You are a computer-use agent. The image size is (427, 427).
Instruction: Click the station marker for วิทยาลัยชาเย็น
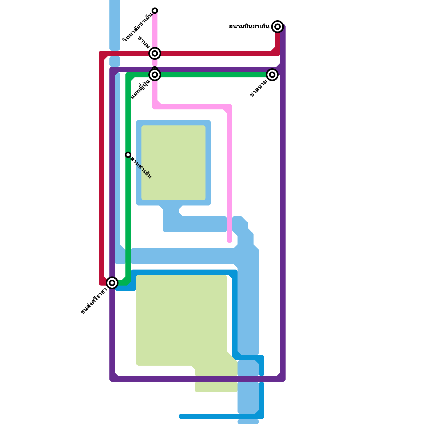pos(155,11)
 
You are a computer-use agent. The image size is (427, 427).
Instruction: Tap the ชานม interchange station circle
pos(155,53)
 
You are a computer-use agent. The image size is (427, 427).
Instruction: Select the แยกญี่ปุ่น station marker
pos(155,75)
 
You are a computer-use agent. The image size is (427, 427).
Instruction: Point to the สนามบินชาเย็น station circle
pos(278,27)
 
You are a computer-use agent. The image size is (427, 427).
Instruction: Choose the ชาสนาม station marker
pos(272,75)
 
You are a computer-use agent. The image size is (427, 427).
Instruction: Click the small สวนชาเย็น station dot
pos(128,155)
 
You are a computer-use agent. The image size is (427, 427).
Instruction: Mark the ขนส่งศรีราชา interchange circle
pos(112,283)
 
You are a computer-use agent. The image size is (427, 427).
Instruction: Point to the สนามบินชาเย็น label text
pos(249,27)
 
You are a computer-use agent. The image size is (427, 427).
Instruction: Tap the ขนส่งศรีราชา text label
pos(94,301)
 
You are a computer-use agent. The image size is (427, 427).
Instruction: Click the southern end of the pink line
pos(230,241)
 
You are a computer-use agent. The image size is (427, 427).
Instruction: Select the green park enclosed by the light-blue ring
pos(173,163)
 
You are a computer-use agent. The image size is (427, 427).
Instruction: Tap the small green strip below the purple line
pos(216,387)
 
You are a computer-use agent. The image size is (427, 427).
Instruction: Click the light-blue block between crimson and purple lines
pos(115,61)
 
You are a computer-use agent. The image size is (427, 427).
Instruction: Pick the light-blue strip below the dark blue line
pos(248,422)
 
